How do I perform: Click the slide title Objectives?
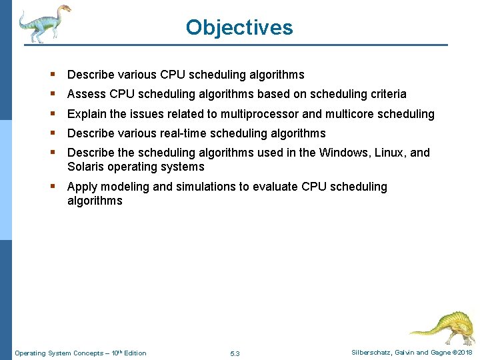coord(239,27)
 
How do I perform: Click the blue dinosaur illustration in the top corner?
coord(44,23)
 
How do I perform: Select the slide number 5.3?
coord(234,353)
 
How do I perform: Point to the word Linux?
coord(390,153)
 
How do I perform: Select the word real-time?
coord(180,133)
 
